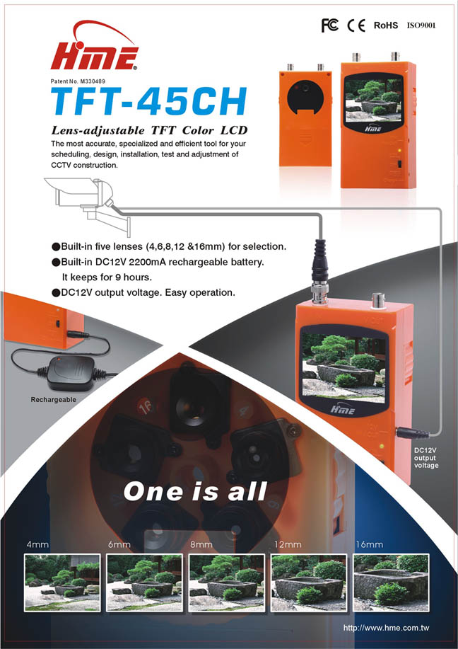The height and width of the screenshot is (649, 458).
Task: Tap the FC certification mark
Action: (x=330, y=25)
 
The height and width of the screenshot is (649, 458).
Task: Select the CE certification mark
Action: (x=356, y=25)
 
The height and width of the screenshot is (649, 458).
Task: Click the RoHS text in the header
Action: (x=386, y=25)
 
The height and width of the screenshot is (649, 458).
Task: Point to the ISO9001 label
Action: (x=421, y=25)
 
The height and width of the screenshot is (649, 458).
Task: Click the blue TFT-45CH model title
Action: (x=149, y=102)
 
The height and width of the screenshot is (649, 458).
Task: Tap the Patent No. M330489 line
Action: (x=78, y=81)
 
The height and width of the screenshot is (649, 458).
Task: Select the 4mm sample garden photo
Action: (x=62, y=582)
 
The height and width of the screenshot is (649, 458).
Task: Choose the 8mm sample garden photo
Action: (x=226, y=582)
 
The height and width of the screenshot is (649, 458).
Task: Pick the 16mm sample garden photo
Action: (x=391, y=582)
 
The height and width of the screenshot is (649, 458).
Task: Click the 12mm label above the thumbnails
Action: (x=288, y=544)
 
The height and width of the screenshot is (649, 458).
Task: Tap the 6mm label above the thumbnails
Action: (x=119, y=544)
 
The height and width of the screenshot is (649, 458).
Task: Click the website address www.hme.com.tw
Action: (x=386, y=628)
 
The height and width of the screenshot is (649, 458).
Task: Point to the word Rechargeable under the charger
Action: (x=53, y=399)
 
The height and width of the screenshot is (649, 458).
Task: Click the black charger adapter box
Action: (x=70, y=373)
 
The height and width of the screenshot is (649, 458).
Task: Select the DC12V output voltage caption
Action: (x=425, y=458)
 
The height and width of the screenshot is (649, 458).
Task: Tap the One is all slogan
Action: (x=194, y=492)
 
